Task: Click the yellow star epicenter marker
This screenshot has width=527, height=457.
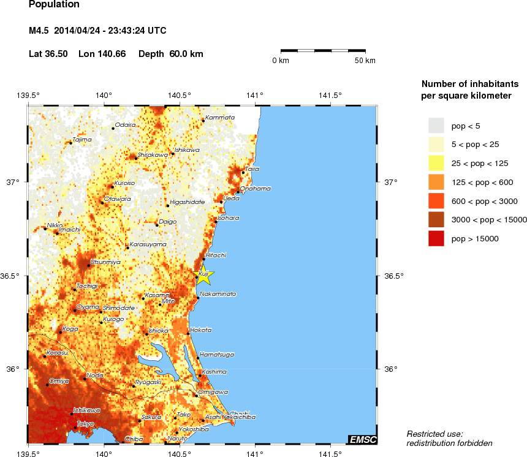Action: pyautogui.click(x=203, y=276)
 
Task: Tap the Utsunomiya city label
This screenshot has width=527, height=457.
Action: pyautogui.click(x=105, y=262)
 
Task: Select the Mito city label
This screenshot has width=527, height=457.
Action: pyautogui.click(x=169, y=301)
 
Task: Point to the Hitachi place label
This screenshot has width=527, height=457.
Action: pyautogui.click(x=216, y=254)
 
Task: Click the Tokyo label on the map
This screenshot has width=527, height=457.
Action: pyautogui.click(x=85, y=424)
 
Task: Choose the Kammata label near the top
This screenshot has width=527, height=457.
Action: pyautogui.click(x=220, y=117)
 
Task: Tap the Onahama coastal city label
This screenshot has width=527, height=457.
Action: pyautogui.click(x=255, y=189)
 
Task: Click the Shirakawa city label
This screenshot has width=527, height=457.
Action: pyautogui.click(x=153, y=155)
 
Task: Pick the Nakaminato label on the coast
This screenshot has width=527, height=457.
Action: pyautogui.click(x=218, y=294)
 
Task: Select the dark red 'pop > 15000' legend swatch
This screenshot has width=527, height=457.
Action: pyautogui.click(x=436, y=239)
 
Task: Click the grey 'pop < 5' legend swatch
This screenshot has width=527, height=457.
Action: pyautogui.click(x=436, y=126)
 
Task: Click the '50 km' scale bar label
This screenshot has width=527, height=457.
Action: pyautogui.click(x=365, y=61)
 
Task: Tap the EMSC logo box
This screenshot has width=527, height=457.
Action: pyautogui.click(x=363, y=439)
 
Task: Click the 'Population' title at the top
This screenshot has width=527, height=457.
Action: pyautogui.click(x=54, y=5)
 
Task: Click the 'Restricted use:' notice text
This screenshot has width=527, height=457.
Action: pyautogui.click(x=435, y=434)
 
